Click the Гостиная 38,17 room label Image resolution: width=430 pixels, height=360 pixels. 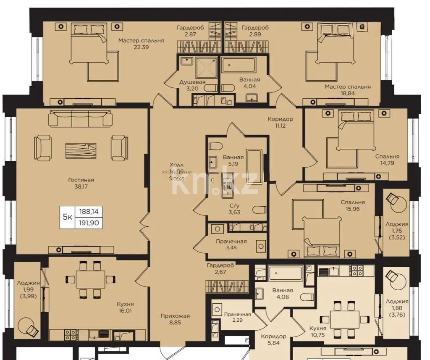[x=81, y=183]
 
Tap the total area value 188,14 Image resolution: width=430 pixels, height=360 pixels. [x=89, y=213]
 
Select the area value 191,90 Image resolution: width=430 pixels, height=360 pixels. [x=89, y=223]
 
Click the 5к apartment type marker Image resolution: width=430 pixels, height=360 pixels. [x=67, y=217]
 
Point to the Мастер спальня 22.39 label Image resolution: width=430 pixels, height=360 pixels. [x=141, y=44]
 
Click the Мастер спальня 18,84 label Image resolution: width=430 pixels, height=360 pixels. [x=347, y=90]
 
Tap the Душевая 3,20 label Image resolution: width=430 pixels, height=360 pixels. [x=192, y=85]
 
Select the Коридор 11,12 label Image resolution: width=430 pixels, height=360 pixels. [x=281, y=122]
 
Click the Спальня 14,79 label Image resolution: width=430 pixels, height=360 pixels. [x=387, y=160]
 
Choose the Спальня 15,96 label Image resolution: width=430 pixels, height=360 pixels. [x=353, y=205]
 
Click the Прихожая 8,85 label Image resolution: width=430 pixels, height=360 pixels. [x=176, y=319]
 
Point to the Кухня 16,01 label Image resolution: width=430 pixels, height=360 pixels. [x=126, y=307]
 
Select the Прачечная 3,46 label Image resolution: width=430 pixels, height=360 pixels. [x=231, y=245]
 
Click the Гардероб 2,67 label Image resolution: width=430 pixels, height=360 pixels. [x=220, y=269]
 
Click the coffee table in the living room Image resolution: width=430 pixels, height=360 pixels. [x=81, y=149]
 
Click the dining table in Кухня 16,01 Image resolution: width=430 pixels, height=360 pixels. [x=91, y=279]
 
